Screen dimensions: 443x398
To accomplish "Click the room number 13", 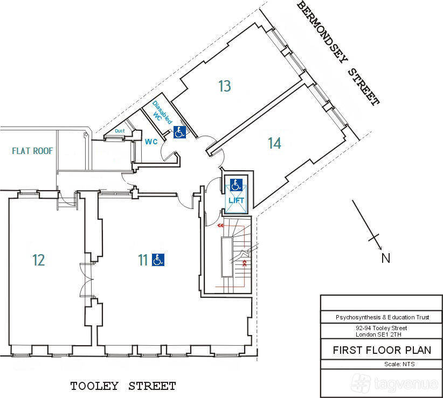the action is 225,86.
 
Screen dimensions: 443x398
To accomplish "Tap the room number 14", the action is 275,143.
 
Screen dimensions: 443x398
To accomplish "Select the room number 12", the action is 39,260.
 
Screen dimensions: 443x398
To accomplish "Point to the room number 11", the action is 143,260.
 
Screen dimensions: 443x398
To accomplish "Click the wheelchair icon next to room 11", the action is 158,260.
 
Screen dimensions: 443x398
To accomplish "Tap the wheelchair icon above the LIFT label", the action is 236,185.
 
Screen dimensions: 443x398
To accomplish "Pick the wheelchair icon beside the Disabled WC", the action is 179,132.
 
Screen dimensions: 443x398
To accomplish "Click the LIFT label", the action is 236,200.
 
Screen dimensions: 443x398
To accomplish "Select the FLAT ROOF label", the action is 32,151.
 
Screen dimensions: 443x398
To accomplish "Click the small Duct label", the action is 120,131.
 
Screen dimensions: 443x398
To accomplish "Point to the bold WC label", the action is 151,142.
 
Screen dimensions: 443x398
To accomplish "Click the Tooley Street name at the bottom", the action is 123,386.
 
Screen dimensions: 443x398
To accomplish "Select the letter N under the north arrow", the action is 386,259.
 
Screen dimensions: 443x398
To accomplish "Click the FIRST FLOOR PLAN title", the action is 382,350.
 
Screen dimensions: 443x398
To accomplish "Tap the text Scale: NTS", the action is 399,364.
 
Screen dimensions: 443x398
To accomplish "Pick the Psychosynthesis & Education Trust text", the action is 383,317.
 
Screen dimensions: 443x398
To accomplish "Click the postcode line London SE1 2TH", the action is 378,335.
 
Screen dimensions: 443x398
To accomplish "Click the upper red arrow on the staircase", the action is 220,226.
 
